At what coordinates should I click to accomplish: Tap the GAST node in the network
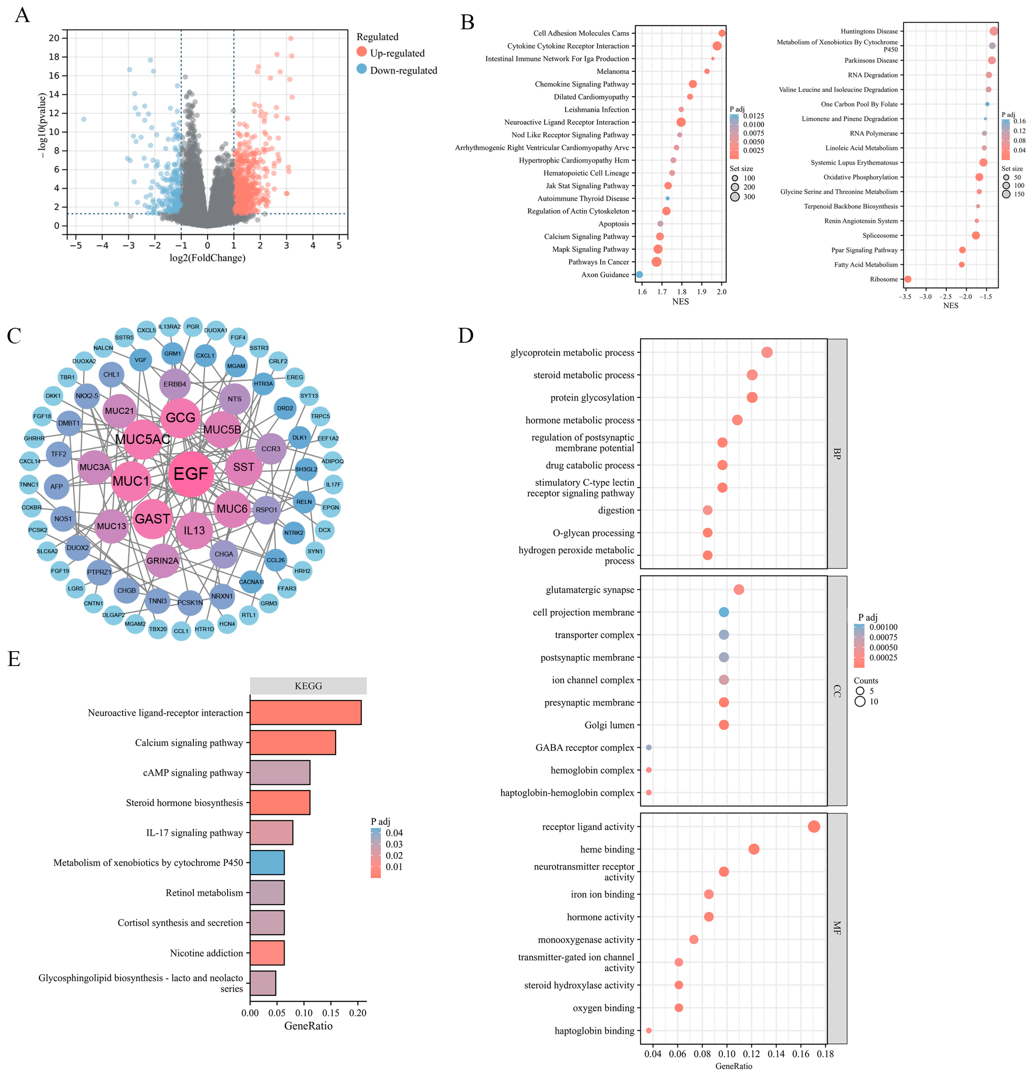coord(152,519)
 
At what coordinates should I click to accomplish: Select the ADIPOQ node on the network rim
coord(332,461)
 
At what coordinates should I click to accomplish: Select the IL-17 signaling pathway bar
coord(271,833)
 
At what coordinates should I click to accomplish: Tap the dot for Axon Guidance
coord(639,274)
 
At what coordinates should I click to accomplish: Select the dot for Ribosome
coord(908,279)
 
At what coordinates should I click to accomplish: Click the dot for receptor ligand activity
coord(814,827)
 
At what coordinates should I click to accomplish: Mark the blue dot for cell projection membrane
coord(724,612)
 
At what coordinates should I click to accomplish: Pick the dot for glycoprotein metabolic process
coord(767,352)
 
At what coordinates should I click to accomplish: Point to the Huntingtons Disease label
coord(869,31)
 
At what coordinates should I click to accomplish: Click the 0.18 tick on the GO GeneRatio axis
coord(825,1054)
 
